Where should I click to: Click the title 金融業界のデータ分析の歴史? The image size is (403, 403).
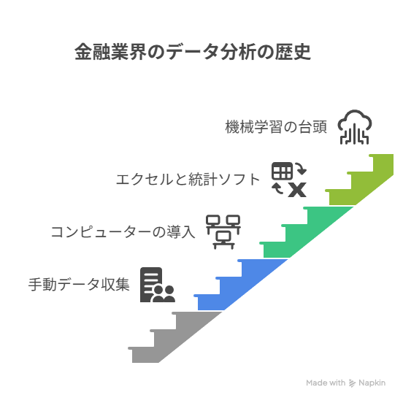193,52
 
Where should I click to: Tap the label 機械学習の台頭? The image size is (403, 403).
276,127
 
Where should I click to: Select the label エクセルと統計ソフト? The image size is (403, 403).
188,179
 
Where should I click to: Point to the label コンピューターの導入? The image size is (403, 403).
123,232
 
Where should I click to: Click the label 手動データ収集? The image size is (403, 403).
79,285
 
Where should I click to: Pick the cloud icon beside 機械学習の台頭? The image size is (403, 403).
355,127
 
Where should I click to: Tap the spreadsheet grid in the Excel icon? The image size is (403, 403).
283,171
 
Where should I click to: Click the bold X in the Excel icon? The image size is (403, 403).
297,190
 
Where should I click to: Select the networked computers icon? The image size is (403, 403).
223,232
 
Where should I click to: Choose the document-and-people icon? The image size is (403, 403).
158,285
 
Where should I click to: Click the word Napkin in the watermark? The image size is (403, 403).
372,383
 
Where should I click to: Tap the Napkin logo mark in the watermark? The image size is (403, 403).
352,383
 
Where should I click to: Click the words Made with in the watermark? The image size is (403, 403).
326,383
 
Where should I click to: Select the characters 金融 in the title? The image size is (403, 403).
92,52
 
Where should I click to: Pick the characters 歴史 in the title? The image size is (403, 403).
293,52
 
